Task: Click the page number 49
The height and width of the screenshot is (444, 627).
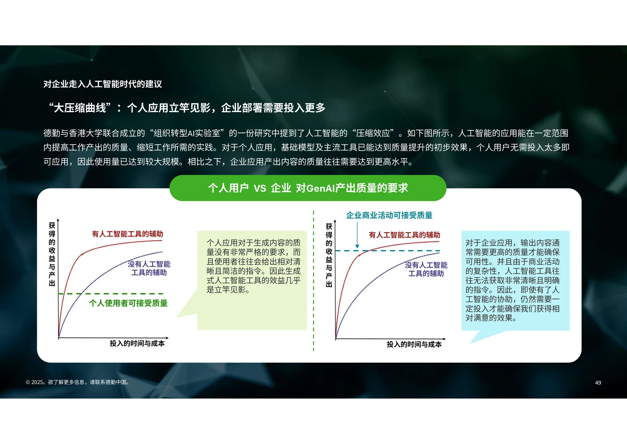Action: [598, 383]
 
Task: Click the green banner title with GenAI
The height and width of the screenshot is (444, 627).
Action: [308, 188]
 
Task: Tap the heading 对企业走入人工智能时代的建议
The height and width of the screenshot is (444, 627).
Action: [103, 84]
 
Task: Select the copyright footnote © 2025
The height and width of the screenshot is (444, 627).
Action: [78, 382]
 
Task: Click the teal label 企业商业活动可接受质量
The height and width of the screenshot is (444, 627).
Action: [389, 215]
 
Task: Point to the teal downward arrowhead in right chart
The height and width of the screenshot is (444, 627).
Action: [357, 246]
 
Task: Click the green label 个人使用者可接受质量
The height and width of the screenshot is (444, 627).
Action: [128, 303]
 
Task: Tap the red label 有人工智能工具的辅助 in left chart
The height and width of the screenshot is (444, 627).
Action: [127, 234]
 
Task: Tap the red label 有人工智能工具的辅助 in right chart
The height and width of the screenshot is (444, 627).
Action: [404, 235]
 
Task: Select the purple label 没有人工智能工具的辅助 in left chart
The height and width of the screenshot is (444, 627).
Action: [149, 268]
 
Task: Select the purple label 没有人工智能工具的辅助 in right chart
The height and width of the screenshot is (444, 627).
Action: [426, 269]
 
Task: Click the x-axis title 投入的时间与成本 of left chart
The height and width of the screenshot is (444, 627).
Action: [137, 343]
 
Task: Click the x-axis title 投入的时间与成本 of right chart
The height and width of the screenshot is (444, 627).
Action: [414, 345]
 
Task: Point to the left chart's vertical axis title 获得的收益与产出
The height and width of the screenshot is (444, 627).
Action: [52, 254]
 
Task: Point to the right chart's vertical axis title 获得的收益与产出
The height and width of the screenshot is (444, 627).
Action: [329, 255]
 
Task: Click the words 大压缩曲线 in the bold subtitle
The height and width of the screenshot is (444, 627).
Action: [80, 108]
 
